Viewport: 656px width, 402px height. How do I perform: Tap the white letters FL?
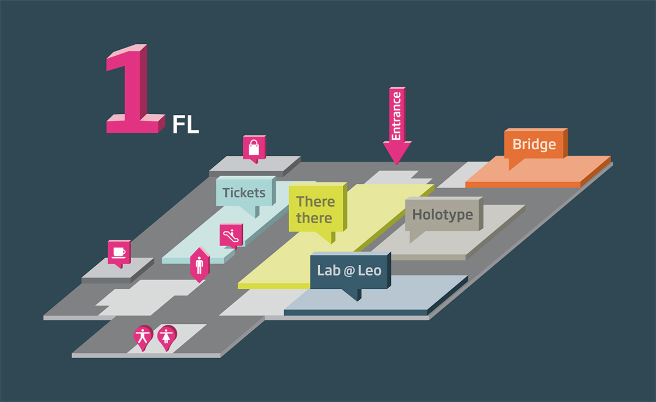click(186, 125)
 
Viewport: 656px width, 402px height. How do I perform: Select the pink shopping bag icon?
click(254, 149)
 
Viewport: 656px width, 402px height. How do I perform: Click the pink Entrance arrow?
click(397, 125)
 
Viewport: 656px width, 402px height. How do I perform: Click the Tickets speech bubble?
click(245, 195)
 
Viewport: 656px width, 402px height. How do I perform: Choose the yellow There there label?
click(318, 211)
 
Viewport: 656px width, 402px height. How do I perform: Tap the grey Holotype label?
click(444, 216)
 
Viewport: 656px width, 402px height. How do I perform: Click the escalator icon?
click(231, 236)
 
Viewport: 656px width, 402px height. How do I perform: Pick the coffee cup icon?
click(119, 253)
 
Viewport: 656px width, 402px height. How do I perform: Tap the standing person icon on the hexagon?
click(200, 265)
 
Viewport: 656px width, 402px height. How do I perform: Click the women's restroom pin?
click(167, 337)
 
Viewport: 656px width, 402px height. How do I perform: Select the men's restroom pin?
click(143, 337)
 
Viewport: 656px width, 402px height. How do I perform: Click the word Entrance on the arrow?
click(396, 116)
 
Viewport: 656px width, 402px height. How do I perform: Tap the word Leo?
click(370, 271)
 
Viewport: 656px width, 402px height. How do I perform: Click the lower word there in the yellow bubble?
click(314, 218)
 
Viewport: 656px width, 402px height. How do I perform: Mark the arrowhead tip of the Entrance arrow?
click(397, 165)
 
